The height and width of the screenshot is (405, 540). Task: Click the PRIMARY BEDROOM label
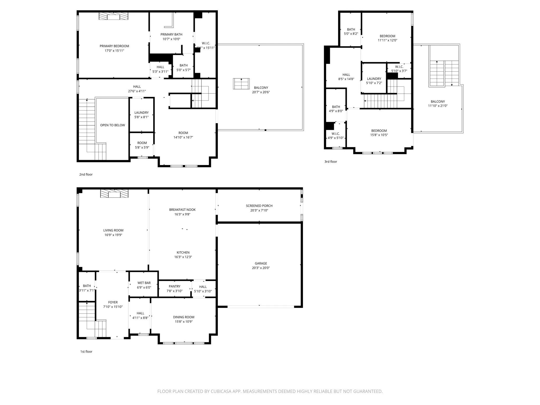coord(114,46)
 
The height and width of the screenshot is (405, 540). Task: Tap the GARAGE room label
coord(261,263)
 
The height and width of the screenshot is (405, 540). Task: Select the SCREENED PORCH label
coord(259,206)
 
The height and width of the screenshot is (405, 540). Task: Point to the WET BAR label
coord(144,283)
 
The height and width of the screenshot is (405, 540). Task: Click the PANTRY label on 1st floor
coord(175,286)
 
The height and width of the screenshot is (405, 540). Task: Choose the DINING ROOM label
coord(184,317)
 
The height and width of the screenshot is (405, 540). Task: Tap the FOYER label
coord(113,302)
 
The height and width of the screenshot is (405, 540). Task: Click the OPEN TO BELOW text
coord(113,125)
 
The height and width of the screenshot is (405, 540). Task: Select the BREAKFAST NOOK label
coord(182,210)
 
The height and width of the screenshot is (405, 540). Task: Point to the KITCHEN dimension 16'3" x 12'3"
coord(183,257)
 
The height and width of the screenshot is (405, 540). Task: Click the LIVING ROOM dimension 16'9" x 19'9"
coord(113,235)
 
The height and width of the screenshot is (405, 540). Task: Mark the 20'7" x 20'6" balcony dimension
coord(261,92)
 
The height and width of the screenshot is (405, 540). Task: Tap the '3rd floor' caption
coord(331,162)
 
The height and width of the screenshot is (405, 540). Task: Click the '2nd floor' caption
coord(86,175)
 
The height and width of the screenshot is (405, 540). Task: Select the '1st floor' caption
coord(86,351)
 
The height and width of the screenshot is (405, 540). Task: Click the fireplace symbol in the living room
coord(114,194)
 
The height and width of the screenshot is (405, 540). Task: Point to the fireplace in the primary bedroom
coord(113,16)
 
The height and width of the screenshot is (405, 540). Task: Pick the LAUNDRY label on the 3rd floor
coord(374,79)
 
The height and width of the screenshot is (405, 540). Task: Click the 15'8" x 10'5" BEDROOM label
coord(379,131)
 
